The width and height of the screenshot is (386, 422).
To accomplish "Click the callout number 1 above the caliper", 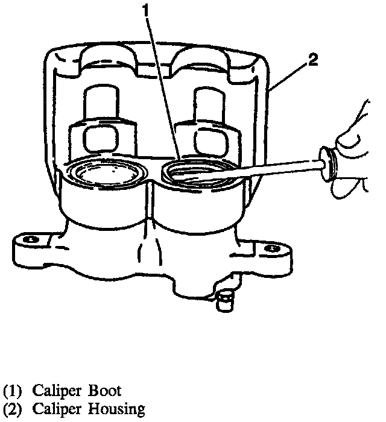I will (x=145, y=10).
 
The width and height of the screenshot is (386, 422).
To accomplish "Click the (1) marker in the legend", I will (x=11, y=390).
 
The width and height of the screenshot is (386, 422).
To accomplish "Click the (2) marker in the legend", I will (x=11, y=409).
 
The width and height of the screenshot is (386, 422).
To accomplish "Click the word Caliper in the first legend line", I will (x=54, y=390).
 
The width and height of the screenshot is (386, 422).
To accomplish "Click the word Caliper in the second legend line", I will (x=54, y=409).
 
